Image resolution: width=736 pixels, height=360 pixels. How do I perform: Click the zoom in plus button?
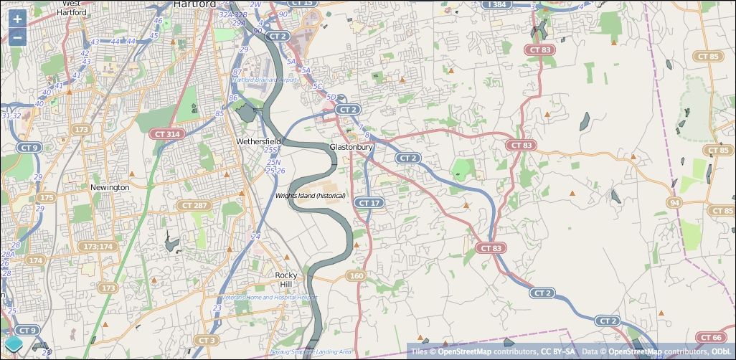point(17,19)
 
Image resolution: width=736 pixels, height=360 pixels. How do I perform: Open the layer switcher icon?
point(14,346)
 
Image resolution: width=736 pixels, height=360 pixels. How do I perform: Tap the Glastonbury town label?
point(352,147)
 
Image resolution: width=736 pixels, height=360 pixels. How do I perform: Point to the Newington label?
point(110,187)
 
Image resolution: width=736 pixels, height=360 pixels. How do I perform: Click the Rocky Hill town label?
point(286,280)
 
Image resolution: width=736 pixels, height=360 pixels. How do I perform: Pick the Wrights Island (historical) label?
point(311,196)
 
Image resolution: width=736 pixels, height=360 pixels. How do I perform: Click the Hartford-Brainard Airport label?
point(264,80)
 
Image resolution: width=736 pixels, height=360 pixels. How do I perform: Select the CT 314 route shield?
point(167,134)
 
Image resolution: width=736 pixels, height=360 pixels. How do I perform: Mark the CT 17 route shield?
point(369,203)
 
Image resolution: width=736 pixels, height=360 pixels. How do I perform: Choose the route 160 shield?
point(357,275)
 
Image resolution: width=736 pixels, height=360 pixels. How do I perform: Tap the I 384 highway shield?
point(497,4)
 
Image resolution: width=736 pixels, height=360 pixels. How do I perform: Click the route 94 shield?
point(674,203)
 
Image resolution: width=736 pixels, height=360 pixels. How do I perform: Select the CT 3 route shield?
point(206,340)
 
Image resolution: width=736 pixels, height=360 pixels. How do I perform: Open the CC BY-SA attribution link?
point(557,351)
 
